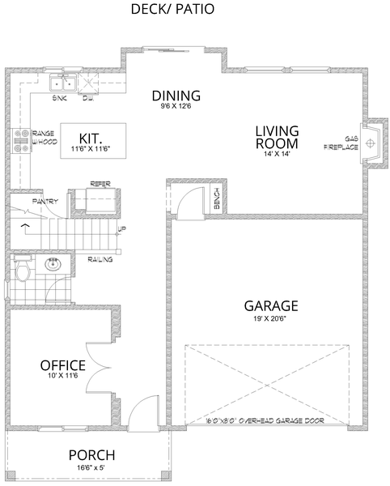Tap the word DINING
(176, 96)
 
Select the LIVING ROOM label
(277, 137)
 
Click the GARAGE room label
(271, 305)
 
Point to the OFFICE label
(63, 365)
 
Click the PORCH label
(91, 455)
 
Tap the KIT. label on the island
(89, 137)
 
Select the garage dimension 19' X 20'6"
(271, 318)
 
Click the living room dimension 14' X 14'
(277, 156)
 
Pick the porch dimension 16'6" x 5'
(91, 467)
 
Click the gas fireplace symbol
(371, 143)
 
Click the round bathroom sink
(54, 264)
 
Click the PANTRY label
(45, 200)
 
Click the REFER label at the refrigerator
(100, 184)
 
